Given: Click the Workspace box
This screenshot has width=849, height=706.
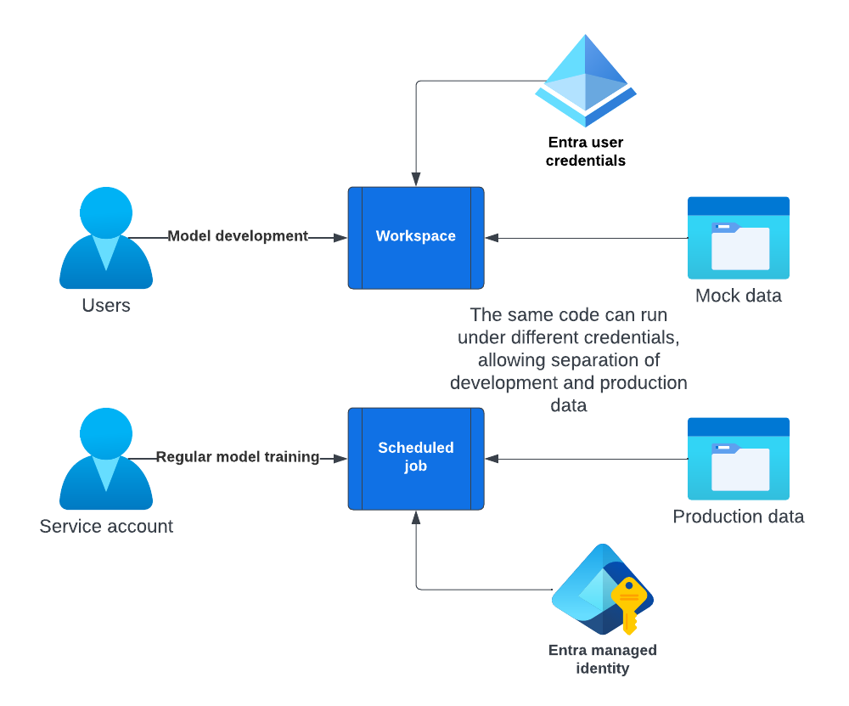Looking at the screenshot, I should point(416,237).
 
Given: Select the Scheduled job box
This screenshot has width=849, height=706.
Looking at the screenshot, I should point(416,458).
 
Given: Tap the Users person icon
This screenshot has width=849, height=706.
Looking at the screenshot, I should point(106,239).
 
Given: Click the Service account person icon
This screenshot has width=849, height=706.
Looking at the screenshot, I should point(106,460).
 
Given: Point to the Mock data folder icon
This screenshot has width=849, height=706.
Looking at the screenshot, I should point(738,239).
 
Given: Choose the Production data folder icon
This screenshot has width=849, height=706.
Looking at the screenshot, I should point(738,460).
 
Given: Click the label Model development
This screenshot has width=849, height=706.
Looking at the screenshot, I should point(238,236).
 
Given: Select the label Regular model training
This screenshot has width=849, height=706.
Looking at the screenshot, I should point(238,457).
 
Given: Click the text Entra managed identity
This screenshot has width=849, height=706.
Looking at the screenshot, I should point(602,659).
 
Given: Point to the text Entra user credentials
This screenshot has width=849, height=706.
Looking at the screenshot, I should point(586,151).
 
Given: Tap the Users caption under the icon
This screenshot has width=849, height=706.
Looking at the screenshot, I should point(106,305).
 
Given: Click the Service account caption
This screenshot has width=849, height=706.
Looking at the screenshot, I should point(106,526).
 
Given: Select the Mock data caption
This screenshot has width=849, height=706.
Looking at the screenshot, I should point(738,296).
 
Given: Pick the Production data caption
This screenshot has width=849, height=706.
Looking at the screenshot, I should point(738,517).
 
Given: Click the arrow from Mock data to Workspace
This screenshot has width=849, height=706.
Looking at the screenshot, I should point(586,238).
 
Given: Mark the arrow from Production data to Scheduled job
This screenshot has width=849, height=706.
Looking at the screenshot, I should point(586,459).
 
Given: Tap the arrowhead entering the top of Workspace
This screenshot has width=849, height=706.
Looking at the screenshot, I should point(416,179).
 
